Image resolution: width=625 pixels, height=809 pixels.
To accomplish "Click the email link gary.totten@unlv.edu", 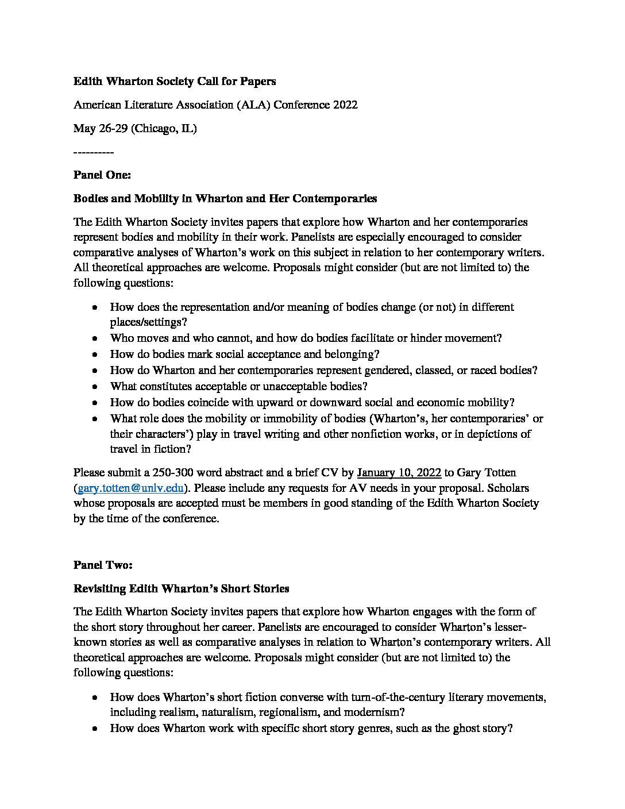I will point(130,488).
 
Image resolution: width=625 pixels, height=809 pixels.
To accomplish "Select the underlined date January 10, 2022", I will point(399,473).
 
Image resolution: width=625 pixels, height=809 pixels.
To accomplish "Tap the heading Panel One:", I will point(102,175).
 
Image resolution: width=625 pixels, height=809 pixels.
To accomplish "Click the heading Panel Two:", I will point(103,565).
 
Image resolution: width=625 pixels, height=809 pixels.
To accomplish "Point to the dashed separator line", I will point(94,152).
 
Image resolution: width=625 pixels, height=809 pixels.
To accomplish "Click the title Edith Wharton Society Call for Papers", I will point(175,82).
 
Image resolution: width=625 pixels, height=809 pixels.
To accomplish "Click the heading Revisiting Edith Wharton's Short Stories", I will point(181,589).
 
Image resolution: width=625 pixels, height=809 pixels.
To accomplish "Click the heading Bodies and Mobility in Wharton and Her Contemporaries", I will point(225,199).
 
